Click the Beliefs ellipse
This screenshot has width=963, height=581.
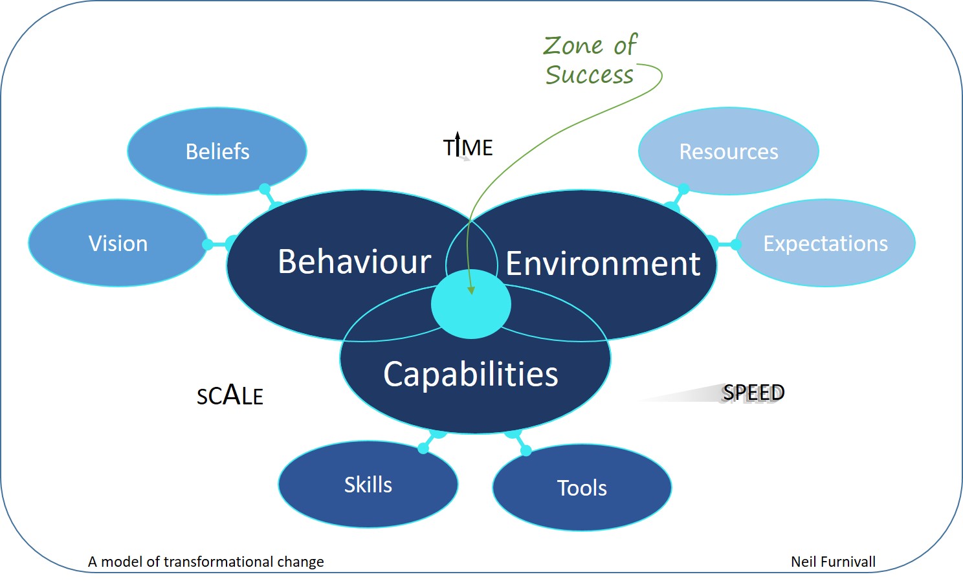coord(217,151)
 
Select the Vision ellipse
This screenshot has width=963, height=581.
coord(118,243)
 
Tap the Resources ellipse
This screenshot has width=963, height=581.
coord(729,151)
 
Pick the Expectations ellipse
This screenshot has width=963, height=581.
coord(825,243)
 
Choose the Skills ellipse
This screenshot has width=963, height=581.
coord(368,485)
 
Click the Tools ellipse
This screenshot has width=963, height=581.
coord(582,487)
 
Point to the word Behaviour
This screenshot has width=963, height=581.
coord(355,261)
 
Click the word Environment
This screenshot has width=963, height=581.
coord(603,263)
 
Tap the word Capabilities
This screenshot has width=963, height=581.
coord(470,374)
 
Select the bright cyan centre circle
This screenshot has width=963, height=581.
coord(471,304)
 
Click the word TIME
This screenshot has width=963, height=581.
coord(468,148)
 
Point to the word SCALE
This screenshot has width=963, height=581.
coord(230,395)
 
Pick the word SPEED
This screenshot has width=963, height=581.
coord(753,392)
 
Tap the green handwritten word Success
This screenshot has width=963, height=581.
coord(590,75)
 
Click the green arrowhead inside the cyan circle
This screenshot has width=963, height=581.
coord(471,290)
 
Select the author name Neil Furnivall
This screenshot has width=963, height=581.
coord(833,562)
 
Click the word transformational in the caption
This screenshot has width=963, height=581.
coord(219,562)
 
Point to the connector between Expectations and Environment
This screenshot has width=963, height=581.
coord(724,245)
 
